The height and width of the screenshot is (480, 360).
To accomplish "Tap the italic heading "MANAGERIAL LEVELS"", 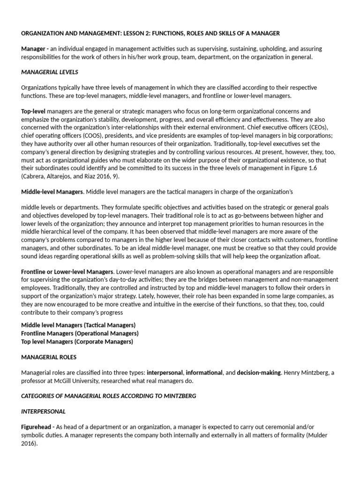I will [50, 72].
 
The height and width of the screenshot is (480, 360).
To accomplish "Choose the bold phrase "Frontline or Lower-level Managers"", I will [67, 271].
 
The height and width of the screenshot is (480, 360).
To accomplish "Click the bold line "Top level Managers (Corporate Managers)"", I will [77, 342].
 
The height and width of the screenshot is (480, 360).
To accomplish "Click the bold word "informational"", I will [204, 373].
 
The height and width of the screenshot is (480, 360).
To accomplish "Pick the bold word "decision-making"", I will [258, 373].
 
